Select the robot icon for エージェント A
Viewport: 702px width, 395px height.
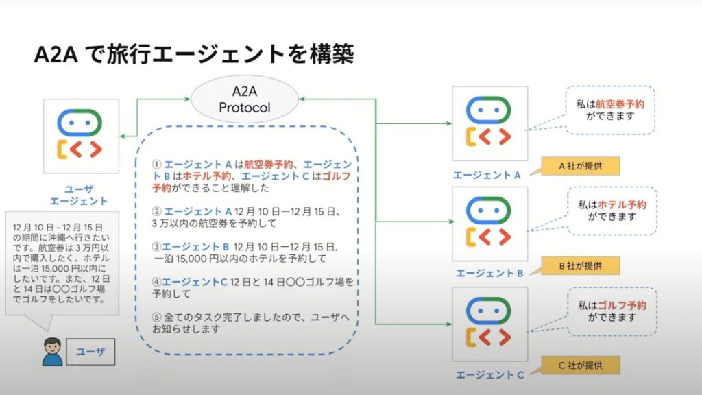pyautogui.click(x=489, y=123)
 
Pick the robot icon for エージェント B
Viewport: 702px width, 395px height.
pyautogui.click(x=489, y=224)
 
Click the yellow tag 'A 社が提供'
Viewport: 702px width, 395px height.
pyautogui.click(x=579, y=165)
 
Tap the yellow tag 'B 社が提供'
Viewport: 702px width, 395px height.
pyautogui.click(x=579, y=265)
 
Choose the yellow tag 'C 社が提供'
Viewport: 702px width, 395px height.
pyautogui.click(x=579, y=365)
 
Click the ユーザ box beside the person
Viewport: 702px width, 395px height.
pyautogui.click(x=90, y=352)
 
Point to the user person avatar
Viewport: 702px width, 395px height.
pyautogui.click(x=52, y=352)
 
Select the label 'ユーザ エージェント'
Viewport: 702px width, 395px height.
pyautogui.click(x=78, y=194)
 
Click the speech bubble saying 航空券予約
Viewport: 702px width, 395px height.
pyautogui.click(x=610, y=110)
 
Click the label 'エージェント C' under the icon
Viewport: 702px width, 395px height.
pyautogui.click(x=490, y=374)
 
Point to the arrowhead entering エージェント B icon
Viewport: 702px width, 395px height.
pyautogui.click(x=449, y=222)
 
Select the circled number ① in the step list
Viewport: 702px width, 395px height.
pyautogui.click(x=156, y=165)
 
